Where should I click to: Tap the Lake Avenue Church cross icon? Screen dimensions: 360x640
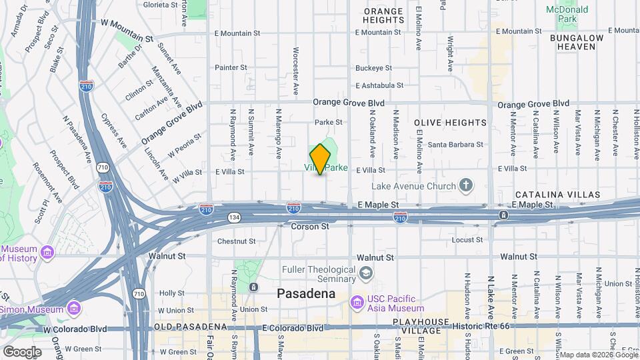coord(465,186)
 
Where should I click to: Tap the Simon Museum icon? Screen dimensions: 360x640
coord(73,309)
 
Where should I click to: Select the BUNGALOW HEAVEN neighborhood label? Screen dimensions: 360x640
coord(576,42)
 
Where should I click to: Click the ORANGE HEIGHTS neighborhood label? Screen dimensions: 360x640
coord(383,15)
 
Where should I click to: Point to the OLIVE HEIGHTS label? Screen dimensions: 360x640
coord(451,123)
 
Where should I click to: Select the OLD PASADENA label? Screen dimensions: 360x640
coord(191,327)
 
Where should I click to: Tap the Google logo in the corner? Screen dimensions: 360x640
coord(21,351)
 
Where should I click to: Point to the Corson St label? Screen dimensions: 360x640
coord(311,227)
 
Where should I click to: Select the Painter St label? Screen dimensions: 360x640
coord(231,67)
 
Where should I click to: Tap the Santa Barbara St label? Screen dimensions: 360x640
coord(455,144)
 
